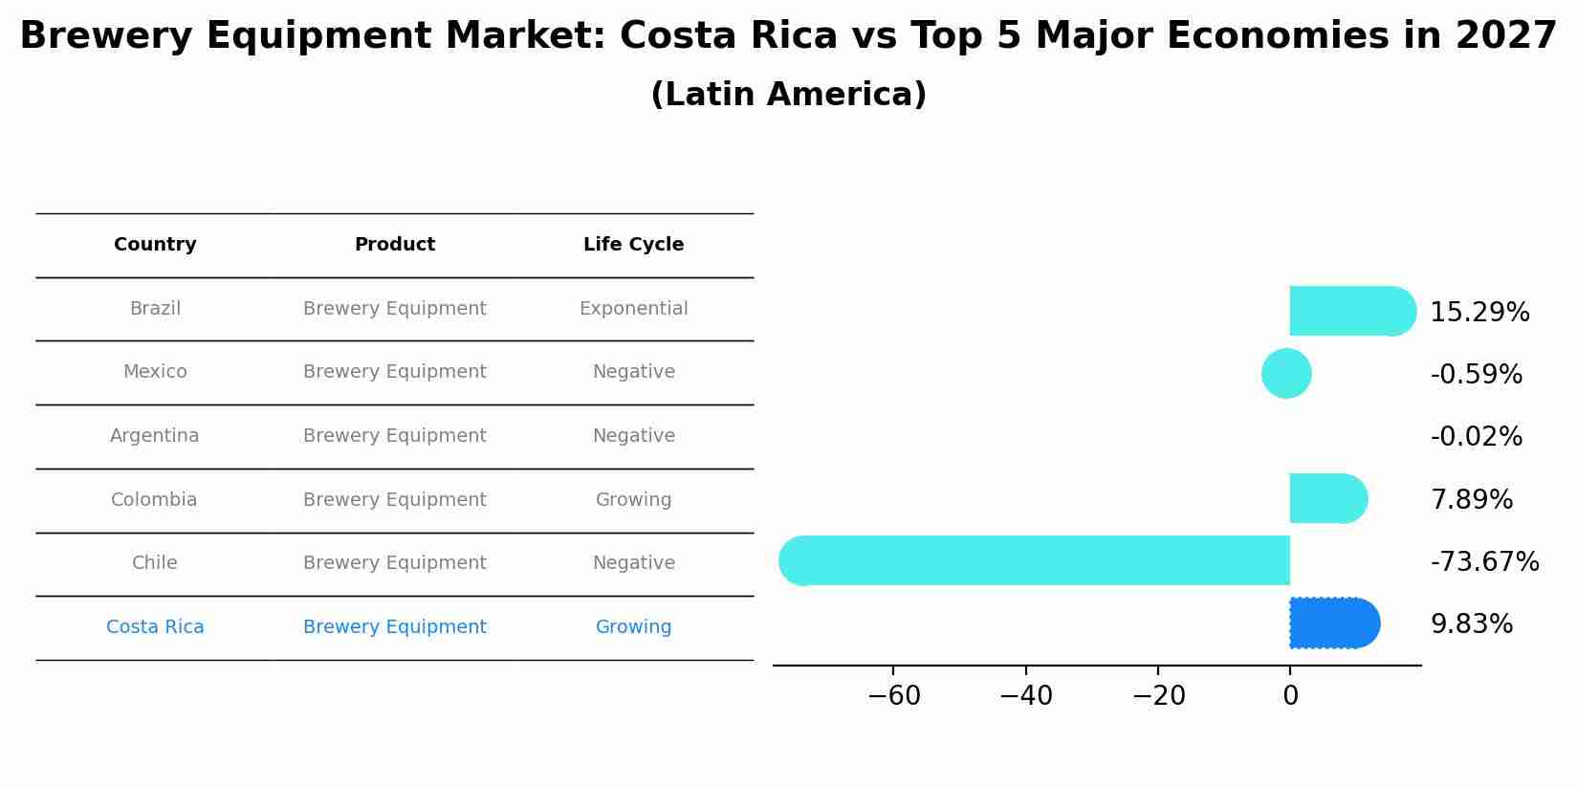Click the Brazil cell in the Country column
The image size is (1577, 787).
tap(155, 309)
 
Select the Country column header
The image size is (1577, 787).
tap(155, 245)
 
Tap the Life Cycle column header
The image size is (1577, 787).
tap(633, 245)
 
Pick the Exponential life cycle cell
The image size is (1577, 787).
tap(633, 309)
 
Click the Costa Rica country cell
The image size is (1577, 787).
tap(155, 627)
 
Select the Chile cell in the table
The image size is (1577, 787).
tap(155, 563)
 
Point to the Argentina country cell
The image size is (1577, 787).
tap(155, 436)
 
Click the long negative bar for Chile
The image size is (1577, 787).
tap(1033, 560)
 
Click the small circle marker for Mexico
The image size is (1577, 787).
tap(1286, 374)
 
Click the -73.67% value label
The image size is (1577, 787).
tap(1484, 562)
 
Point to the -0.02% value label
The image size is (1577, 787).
tap(1476, 437)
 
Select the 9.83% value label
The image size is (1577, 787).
tap(1471, 624)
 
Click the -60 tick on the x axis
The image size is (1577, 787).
tap(893, 696)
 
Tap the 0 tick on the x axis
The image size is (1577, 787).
tap(1290, 696)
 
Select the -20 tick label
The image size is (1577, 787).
tap(1158, 696)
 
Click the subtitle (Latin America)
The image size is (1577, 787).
tap(788, 95)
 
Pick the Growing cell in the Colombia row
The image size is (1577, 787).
tap(633, 500)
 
